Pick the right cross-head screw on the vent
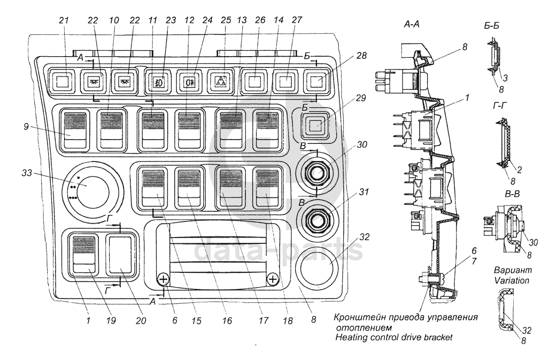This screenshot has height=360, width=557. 273,278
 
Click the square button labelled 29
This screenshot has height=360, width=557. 315,126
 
